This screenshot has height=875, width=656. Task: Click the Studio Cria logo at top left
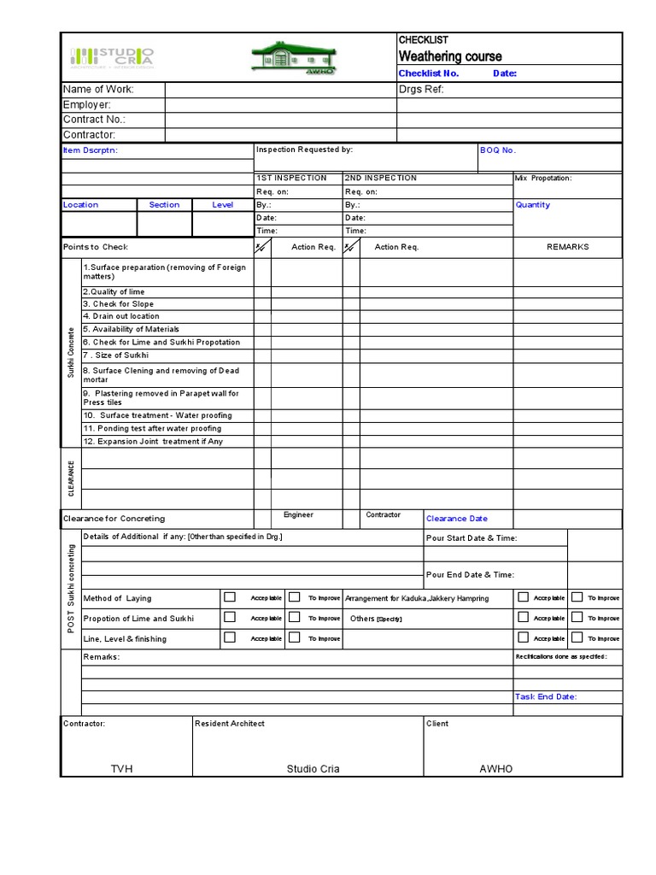pyautogui.click(x=111, y=57)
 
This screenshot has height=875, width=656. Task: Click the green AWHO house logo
pyautogui.click(x=293, y=57)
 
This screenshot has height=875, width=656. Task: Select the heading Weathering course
pyautogui.click(x=450, y=56)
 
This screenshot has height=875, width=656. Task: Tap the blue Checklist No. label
pyautogui.click(x=429, y=73)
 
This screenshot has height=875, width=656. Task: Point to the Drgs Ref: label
pyautogui.click(x=421, y=90)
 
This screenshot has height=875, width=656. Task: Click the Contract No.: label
pyautogui.click(x=94, y=120)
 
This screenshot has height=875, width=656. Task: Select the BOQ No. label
pyautogui.click(x=498, y=150)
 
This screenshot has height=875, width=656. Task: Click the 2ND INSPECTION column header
pyautogui.click(x=381, y=178)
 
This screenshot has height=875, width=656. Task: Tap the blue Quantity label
pyautogui.click(x=532, y=205)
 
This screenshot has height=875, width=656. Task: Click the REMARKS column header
pyautogui.click(x=567, y=247)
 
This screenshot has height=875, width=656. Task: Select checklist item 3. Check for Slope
pyautogui.click(x=118, y=303)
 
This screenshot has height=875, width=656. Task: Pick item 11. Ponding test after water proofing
pyautogui.click(x=152, y=428)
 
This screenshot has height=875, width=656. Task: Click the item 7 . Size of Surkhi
pyautogui.click(x=115, y=355)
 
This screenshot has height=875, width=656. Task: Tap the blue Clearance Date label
pyautogui.click(x=457, y=519)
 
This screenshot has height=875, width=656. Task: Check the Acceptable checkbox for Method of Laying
pyautogui.click(x=230, y=597)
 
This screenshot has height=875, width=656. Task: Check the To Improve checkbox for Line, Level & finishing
pyautogui.click(x=294, y=637)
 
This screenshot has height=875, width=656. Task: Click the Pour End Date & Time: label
pyautogui.click(x=470, y=575)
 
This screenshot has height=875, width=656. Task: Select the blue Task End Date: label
pyautogui.click(x=545, y=696)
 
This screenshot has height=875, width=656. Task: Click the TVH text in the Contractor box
pyautogui.click(x=122, y=769)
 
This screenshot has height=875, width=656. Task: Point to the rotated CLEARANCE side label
pyautogui.click(x=71, y=479)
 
